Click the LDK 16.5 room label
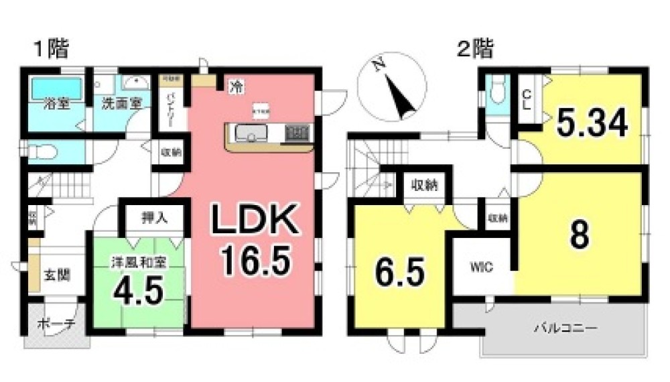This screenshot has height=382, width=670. pos(254,238)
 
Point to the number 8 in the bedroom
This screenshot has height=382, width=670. pos(580,234)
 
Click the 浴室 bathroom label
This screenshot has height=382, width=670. pos(54,105)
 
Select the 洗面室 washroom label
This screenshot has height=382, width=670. pos(121,105)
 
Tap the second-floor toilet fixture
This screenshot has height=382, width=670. pos(497,91)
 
